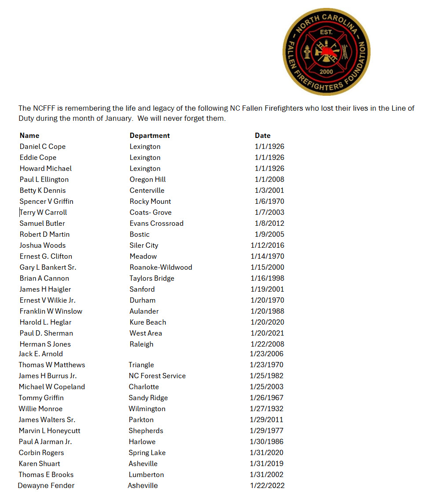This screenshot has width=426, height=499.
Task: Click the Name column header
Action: pos(29,135)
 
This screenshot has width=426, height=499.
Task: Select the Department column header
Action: pos(150,135)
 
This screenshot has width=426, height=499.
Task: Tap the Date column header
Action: pos(263,135)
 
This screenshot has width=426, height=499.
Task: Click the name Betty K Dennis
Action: pos(43,190)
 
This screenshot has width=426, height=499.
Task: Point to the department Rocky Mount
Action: pos(150,201)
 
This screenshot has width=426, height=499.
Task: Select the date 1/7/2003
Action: pos(269,212)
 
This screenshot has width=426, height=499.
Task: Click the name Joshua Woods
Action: pos(43,245)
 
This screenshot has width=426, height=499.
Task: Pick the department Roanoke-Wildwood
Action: pos(161,267)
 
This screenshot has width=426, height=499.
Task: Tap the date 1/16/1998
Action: pos(268,278)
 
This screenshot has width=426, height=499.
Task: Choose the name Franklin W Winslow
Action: pos(51,311)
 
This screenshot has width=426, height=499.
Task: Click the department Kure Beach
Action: pos(148,322)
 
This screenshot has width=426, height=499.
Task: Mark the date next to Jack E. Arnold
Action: pos(267,354)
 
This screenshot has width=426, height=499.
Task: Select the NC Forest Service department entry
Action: pos(157,376)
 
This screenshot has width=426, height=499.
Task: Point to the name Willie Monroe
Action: pos(40,409)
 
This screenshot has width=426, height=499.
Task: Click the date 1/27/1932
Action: pos(267,409)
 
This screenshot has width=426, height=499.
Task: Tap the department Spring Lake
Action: pos(147,452)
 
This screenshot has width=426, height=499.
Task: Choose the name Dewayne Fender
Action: pos(46,485)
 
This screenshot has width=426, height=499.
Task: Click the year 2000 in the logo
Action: pos(326,71)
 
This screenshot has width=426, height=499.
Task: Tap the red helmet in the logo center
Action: pos(326,52)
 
